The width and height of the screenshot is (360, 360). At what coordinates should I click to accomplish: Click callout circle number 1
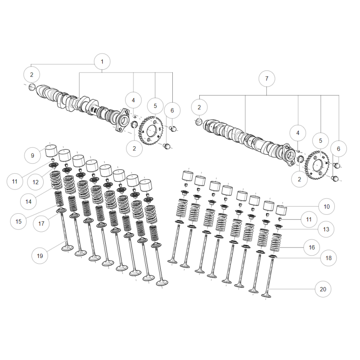click(x=102, y=62)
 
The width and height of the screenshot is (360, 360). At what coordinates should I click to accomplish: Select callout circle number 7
click(x=266, y=78)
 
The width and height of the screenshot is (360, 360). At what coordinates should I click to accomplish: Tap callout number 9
click(x=32, y=155)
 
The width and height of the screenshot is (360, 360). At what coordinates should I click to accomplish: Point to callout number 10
click(x=327, y=207)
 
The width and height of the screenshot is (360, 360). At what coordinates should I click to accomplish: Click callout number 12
click(x=36, y=182)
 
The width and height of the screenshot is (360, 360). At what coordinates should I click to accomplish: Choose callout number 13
click(x=326, y=229)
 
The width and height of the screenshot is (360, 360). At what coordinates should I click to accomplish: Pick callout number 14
click(x=28, y=202)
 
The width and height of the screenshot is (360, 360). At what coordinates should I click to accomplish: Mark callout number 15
click(x=18, y=221)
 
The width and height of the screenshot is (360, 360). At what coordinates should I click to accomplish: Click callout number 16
click(x=311, y=247)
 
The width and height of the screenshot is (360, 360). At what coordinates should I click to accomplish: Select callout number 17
click(x=41, y=223)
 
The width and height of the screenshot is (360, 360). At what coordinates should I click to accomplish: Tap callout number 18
click(x=328, y=258)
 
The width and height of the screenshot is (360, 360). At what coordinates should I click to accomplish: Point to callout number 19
click(x=40, y=256)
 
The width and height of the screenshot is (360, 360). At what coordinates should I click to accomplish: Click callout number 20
click(x=323, y=289)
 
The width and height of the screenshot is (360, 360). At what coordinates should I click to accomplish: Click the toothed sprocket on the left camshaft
click(x=151, y=130)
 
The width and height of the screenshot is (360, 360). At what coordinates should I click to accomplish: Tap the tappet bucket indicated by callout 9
click(x=50, y=151)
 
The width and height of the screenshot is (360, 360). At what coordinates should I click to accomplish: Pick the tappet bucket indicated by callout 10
click(x=282, y=210)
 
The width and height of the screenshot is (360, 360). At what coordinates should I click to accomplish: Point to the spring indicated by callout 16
click(x=275, y=243)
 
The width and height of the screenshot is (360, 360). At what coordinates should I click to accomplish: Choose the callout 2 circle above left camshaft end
click(x=31, y=74)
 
